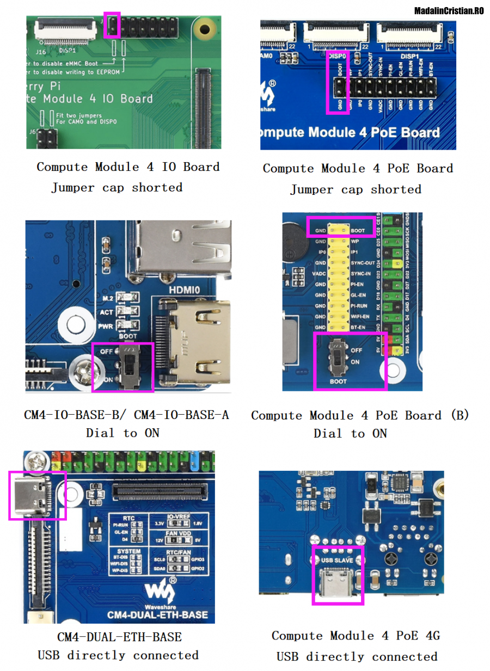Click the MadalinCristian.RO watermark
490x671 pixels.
(449, 10)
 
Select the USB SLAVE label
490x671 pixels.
(337, 560)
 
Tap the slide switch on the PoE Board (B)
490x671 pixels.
(339, 356)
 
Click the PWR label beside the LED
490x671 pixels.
(107, 327)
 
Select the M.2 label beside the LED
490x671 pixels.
(107, 298)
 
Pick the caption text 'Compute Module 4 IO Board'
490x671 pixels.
(128, 167)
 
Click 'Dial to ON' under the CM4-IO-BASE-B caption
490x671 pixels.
(122, 433)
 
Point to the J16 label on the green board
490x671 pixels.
(41, 52)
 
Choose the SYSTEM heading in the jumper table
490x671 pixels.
(128, 551)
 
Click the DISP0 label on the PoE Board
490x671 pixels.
(338, 56)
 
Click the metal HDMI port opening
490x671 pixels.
(194, 343)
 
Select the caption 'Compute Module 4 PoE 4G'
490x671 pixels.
(356, 636)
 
